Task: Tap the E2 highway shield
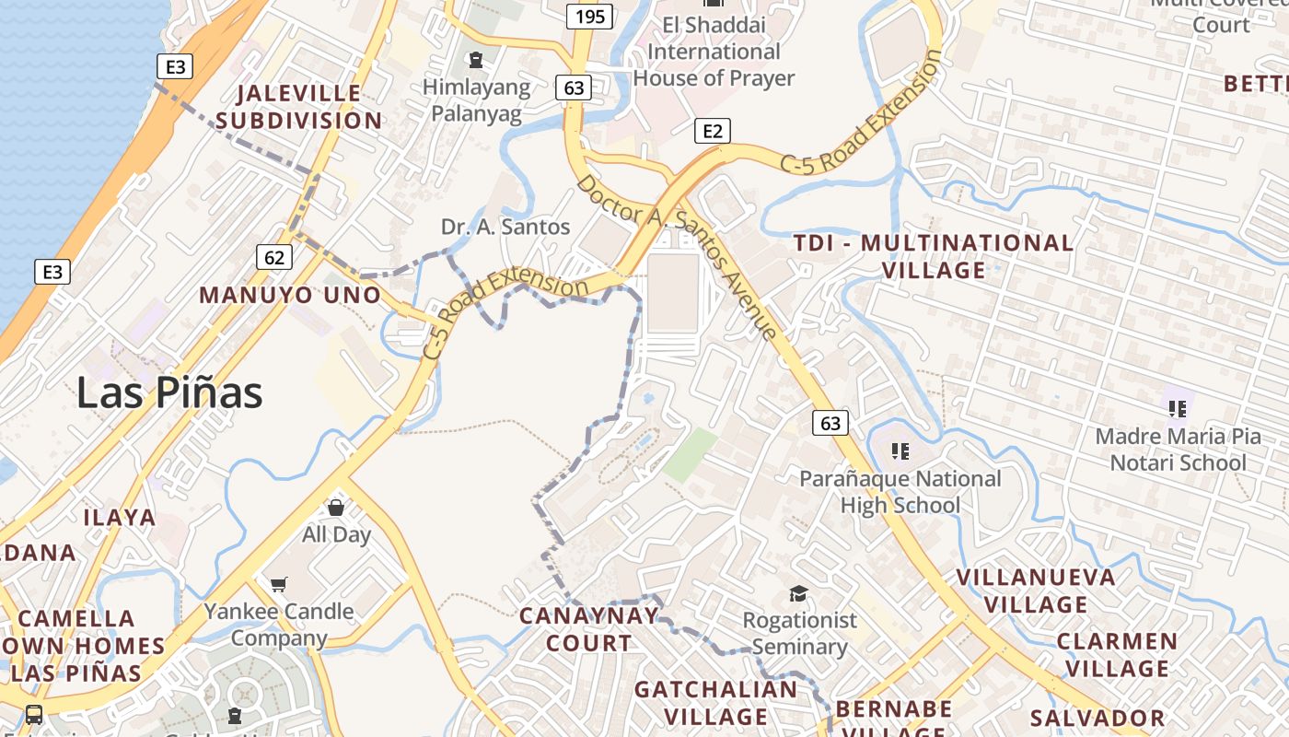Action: pos(712,131)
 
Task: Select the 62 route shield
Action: pos(274,257)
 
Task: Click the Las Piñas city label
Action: pos(169,393)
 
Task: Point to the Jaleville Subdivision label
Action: pos(298,107)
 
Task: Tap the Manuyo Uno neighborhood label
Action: pos(290,295)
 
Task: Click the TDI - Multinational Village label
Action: pos(934,256)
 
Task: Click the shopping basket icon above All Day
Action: pos(336,508)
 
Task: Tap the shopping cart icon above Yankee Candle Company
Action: pos(278,584)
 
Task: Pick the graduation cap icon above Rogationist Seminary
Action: pos(798,594)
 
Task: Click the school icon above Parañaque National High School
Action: pos(900,451)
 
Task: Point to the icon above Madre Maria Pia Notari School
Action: pos(1177,408)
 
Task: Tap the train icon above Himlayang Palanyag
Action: pos(475,61)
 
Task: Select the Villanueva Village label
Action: pos(1036,591)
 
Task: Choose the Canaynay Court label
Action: pos(588,629)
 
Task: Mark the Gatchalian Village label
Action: pos(715,702)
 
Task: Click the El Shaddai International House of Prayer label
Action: pos(714,52)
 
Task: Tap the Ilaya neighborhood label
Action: pos(120,518)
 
